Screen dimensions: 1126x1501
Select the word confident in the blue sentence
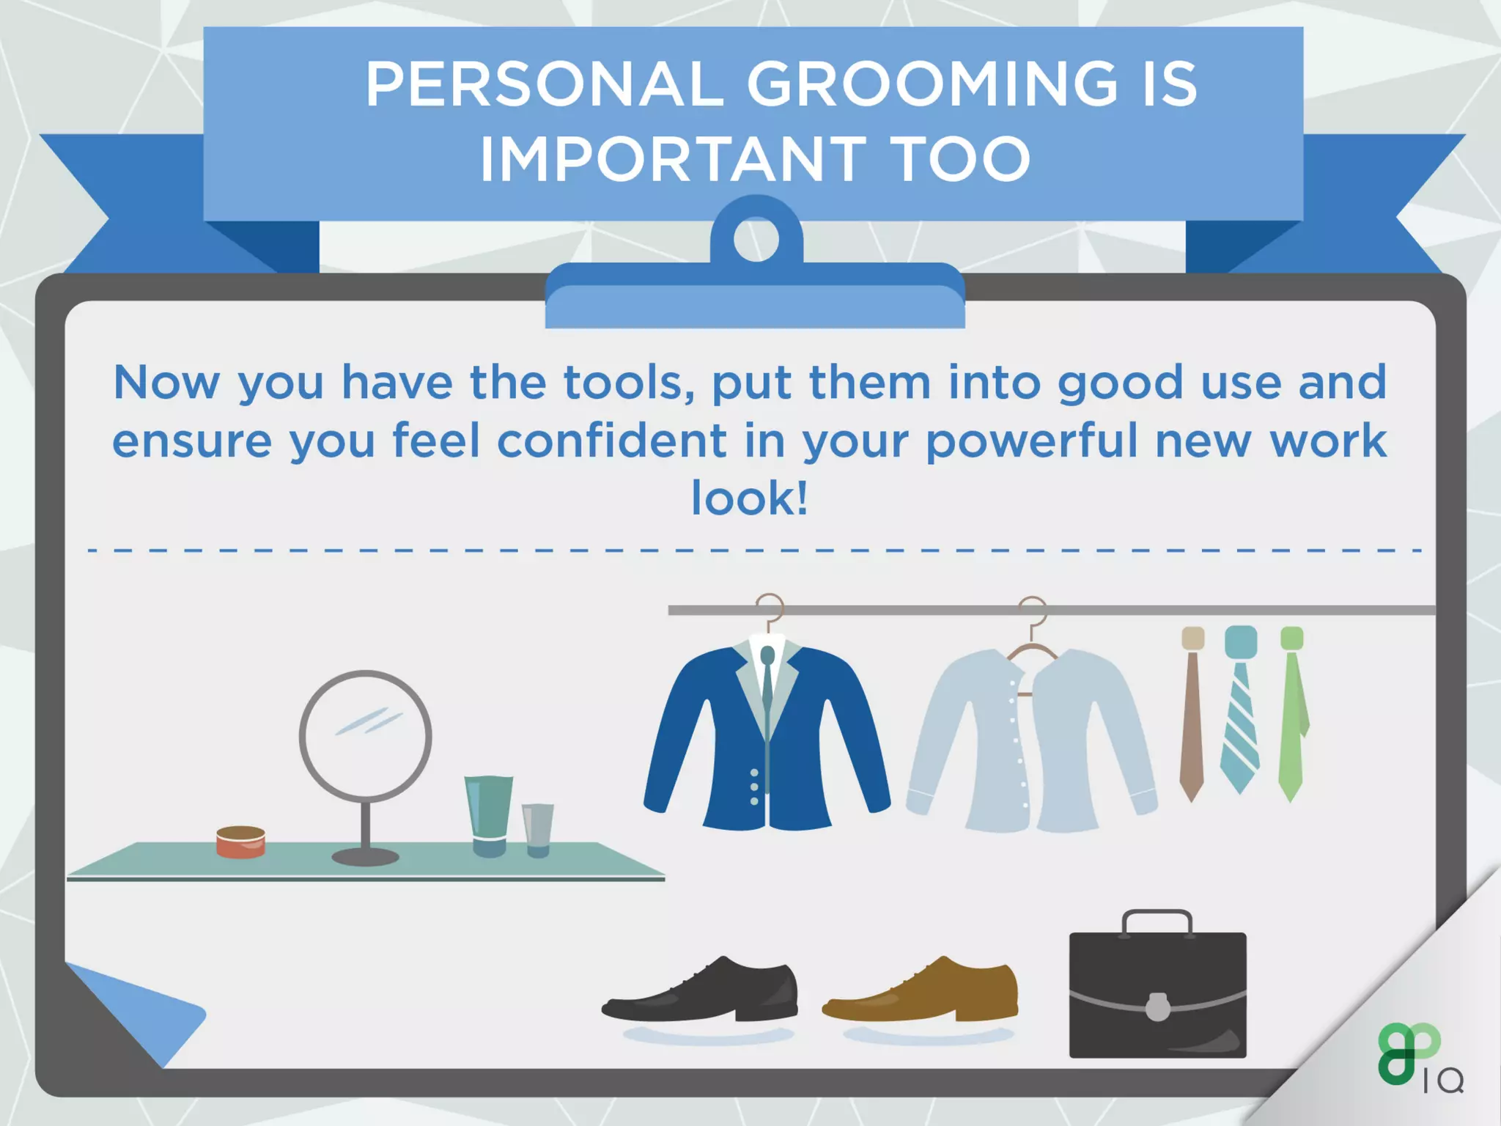(611, 441)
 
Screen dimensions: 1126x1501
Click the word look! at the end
(750, 498)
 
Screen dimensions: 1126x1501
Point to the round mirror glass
(365, 736)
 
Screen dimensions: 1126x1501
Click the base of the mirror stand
(365, 856)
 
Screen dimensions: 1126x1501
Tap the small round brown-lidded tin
(240, 842)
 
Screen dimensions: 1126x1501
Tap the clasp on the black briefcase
(1157, 1007)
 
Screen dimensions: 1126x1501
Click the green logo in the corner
(1406, 1053)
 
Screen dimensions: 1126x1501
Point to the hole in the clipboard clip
(756, 238)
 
